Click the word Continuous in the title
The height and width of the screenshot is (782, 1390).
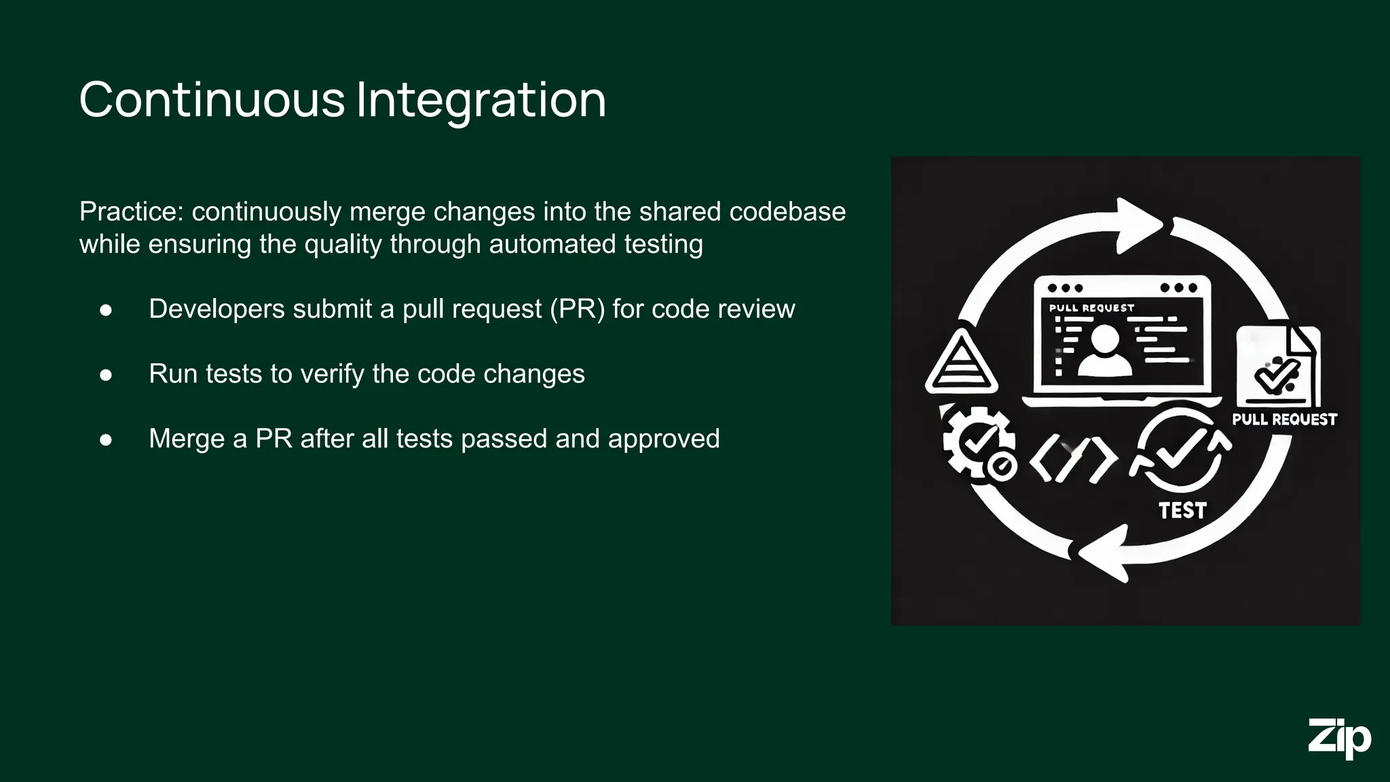(212, 100)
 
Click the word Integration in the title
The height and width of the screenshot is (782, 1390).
(481, 100)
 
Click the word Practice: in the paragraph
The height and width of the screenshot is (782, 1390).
(132, 212)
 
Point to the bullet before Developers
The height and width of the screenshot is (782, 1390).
(106, 310)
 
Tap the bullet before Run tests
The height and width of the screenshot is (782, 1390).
(106, 375)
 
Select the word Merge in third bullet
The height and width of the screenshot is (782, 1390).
(187, 439)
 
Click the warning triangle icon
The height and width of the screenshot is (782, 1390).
(961, 363)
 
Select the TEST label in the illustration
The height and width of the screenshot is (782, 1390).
(1182, 510)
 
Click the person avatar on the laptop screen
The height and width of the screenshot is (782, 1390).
(1104, 350)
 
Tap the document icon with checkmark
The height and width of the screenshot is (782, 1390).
(1277, 367)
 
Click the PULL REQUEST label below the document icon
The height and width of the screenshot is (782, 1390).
(1284, 420)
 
